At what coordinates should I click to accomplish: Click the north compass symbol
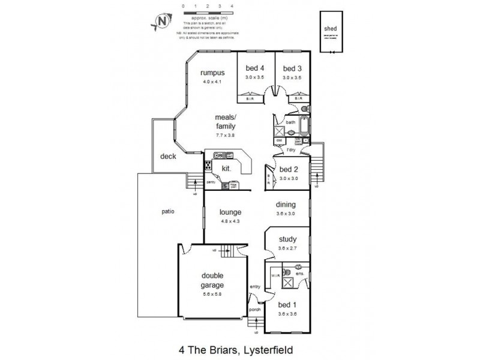[161, 22]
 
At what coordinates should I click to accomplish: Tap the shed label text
[330, 28]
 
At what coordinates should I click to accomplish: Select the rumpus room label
[212, 73]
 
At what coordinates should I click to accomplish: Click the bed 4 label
[255, 68]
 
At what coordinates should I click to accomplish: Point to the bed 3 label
[292, 68]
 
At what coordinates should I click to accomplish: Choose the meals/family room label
[226, 122]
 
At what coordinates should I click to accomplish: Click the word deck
[167, 157]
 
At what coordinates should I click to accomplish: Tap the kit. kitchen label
[227, 169]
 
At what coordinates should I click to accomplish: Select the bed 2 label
[289, 169]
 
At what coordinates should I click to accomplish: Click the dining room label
[286, 205]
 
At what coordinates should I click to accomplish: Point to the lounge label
[230, 212]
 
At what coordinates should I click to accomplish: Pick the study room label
[288, 239]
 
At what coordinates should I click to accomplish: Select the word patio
[168, 211]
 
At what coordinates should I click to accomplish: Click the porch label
[254, 310]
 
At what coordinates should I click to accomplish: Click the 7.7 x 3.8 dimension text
[226, 136]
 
